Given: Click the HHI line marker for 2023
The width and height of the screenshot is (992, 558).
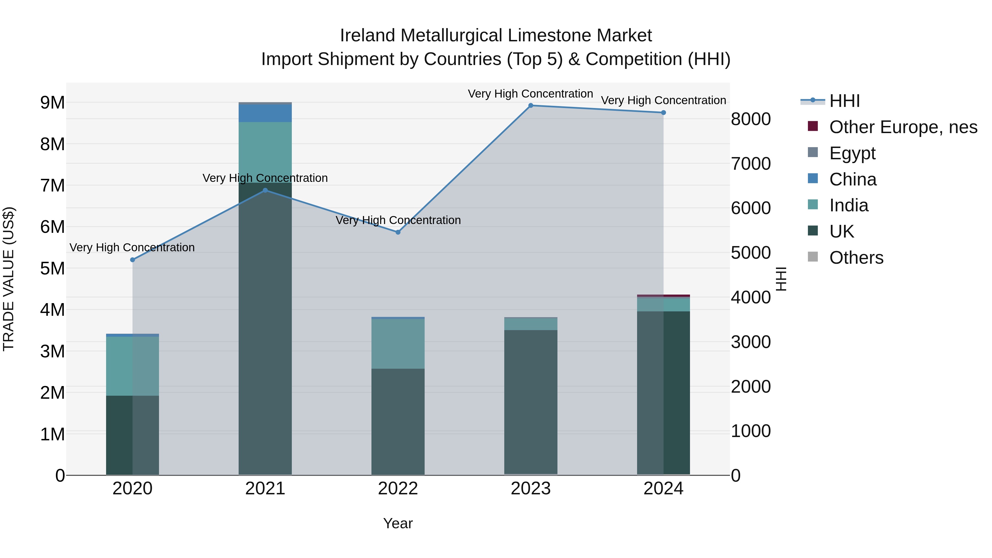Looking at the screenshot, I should point(531,106).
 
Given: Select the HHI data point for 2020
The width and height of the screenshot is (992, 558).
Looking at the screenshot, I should point(133,260).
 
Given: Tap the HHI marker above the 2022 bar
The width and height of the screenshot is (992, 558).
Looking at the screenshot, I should point(398,232).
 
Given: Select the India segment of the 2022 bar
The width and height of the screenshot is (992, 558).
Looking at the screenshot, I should point(398,344).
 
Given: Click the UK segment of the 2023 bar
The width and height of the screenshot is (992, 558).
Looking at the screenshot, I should point(531,400).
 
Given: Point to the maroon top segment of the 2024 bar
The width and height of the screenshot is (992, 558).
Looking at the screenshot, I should point(664,296).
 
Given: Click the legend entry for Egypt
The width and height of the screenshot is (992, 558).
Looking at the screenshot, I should point(852,153).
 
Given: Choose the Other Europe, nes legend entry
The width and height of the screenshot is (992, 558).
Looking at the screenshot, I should point(903,127).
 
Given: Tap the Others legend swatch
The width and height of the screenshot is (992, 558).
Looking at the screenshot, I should point(813,257).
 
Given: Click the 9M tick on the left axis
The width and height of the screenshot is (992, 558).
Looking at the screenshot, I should point(52,103).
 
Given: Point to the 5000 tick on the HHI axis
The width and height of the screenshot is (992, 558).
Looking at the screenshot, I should point(751,253).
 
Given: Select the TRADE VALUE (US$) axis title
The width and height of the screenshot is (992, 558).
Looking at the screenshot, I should point(9,279).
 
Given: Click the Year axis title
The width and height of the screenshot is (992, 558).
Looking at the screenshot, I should point(398,523).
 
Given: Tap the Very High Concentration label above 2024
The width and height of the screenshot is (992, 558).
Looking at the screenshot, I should point(663,101).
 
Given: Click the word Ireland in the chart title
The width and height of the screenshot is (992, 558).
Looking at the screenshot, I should point(367,36).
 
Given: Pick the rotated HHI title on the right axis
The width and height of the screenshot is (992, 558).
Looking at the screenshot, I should point(781,279).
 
